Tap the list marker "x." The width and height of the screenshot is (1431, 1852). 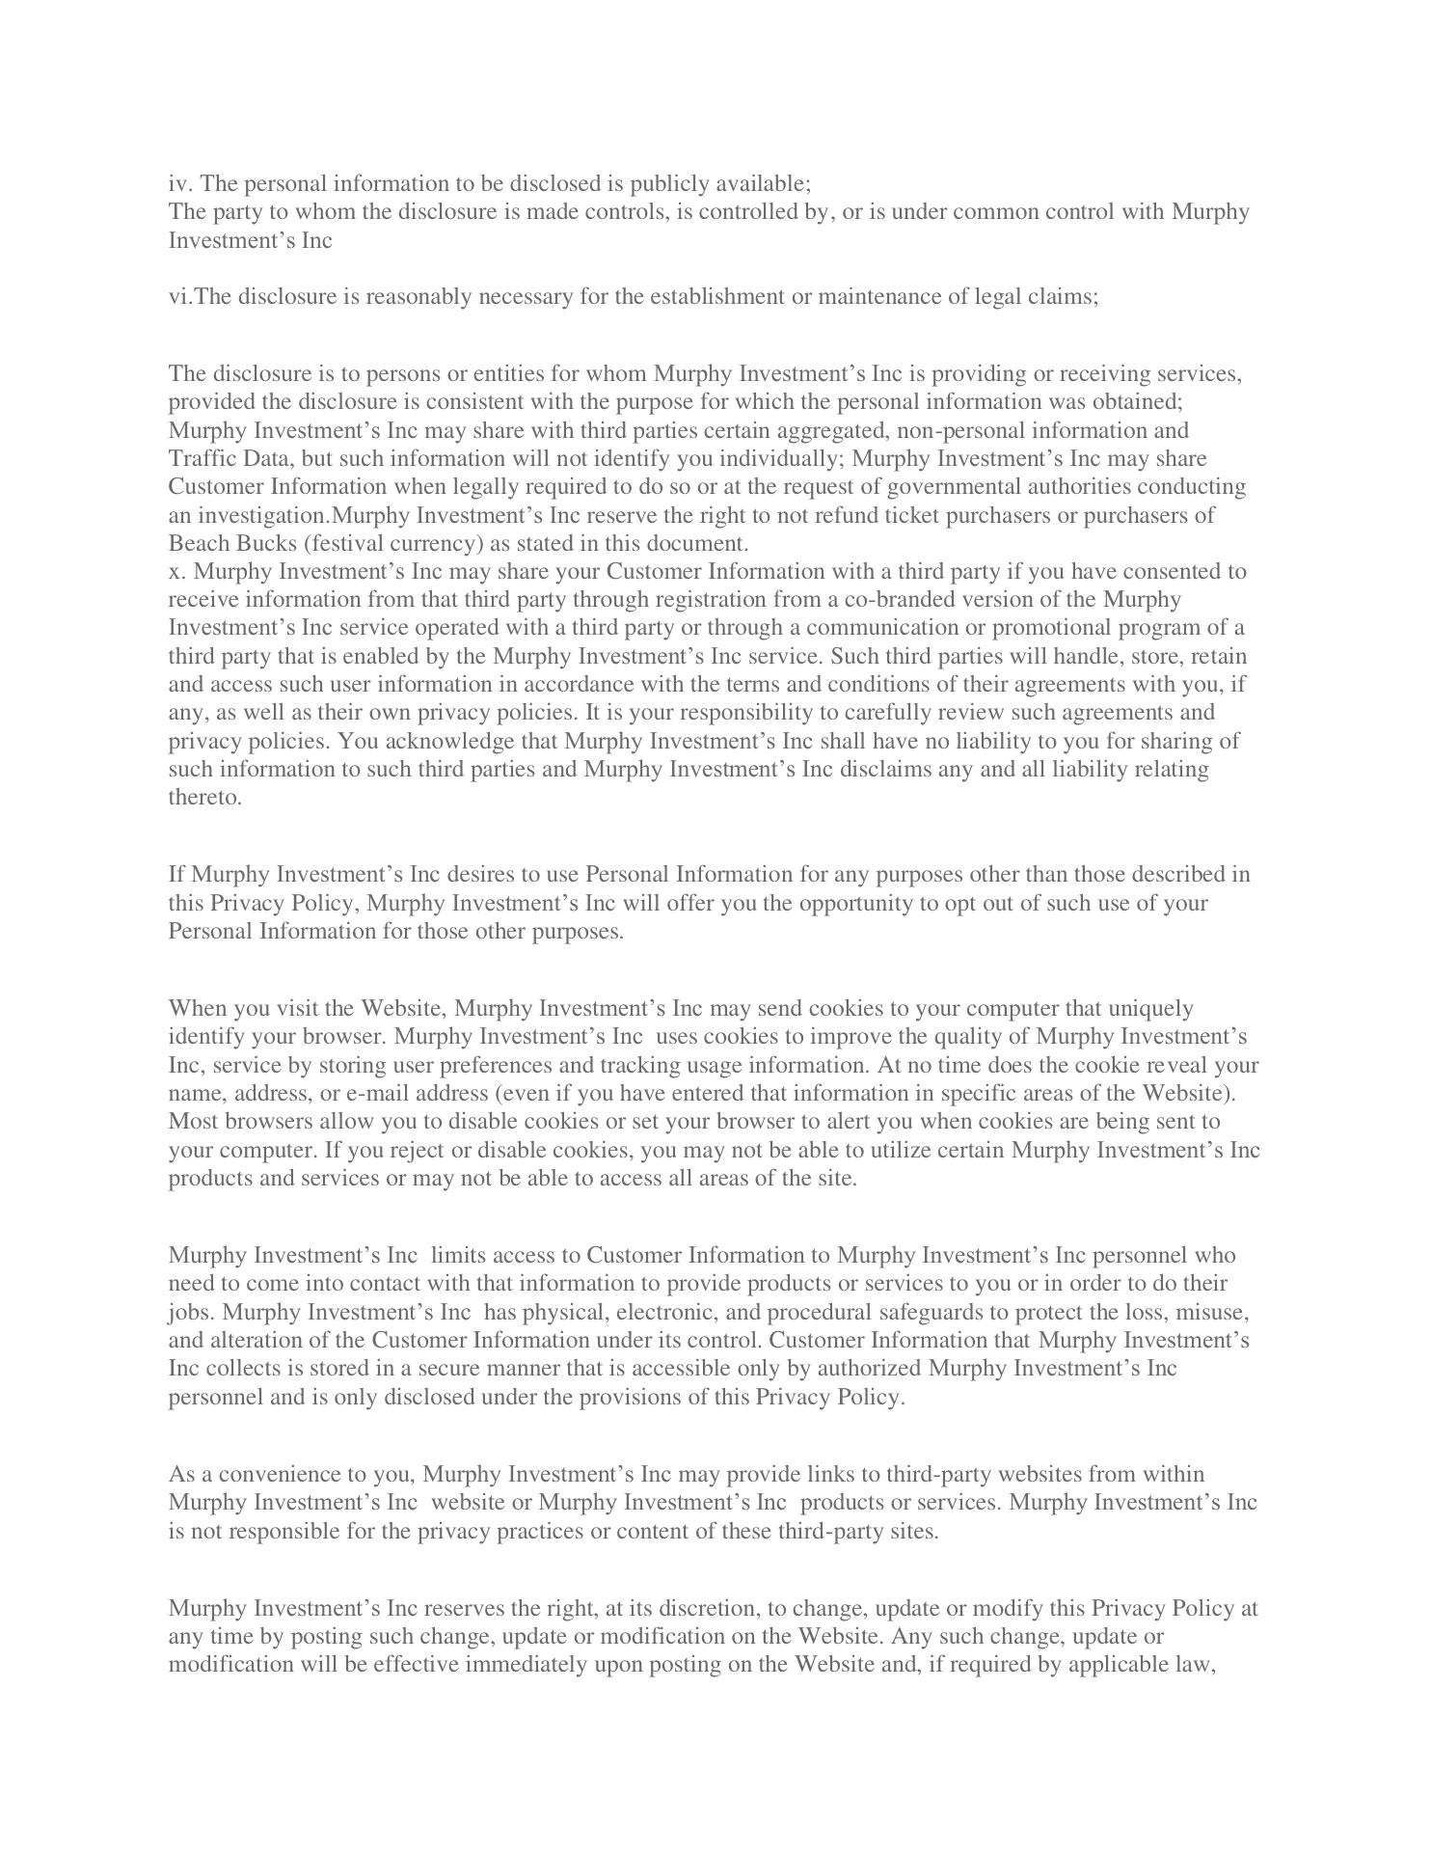pyautogui.click(x=176, y=571)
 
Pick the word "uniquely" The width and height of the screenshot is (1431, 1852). pyautogui.click(x=1150, y=1008)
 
